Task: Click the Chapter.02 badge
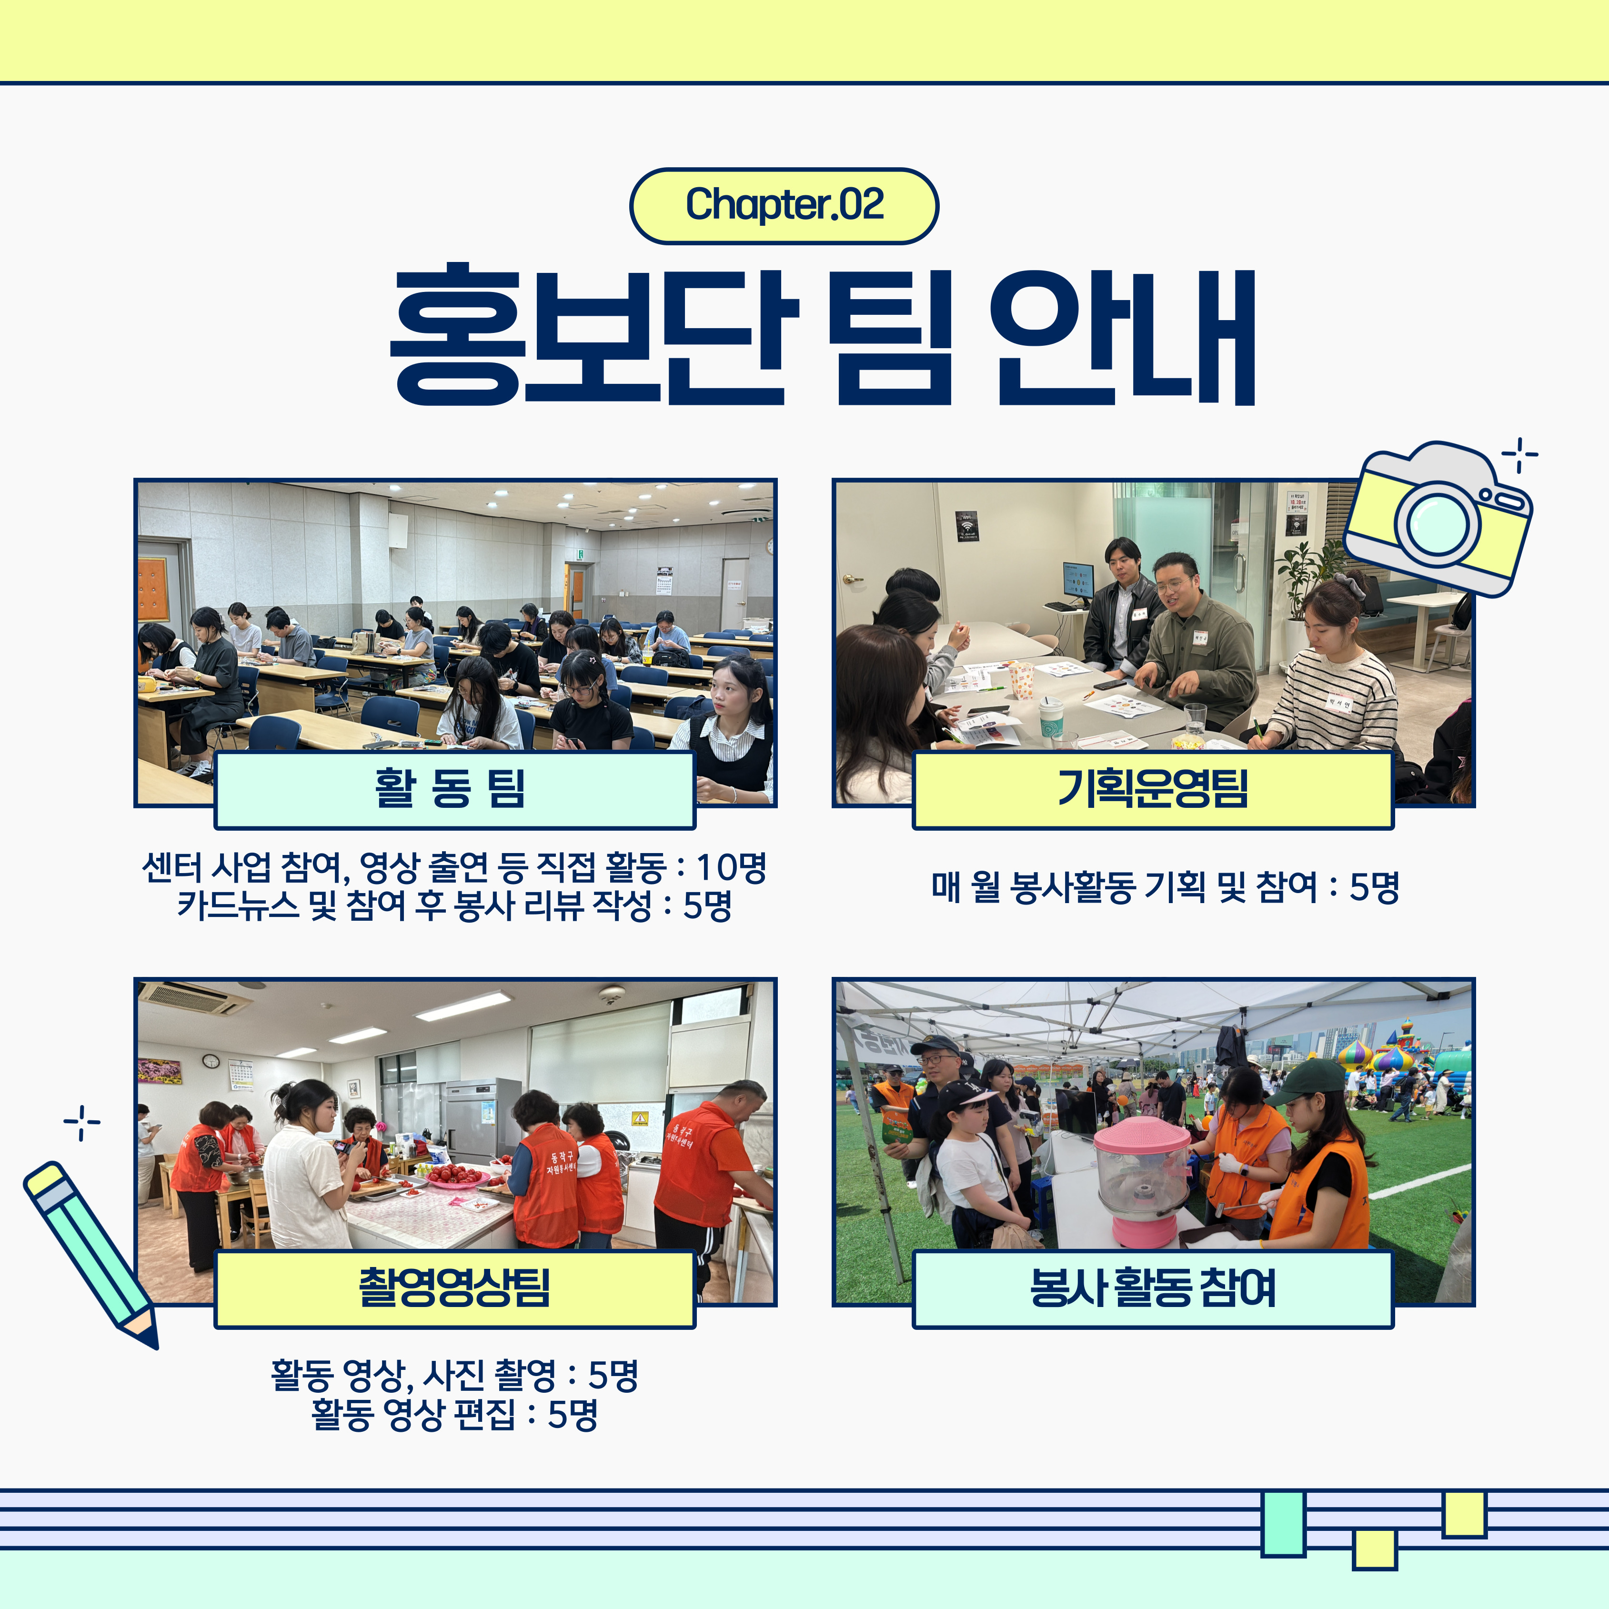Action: click(x=784, y=206)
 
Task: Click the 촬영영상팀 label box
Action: click(x=455, y=1288)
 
